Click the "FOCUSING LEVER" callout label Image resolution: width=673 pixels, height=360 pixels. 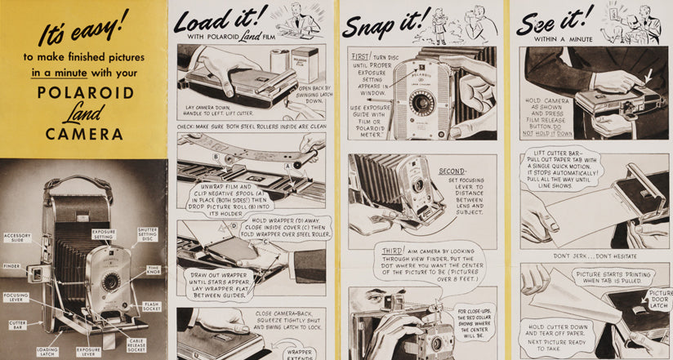point(16,297)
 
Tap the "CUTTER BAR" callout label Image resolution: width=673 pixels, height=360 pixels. point(17,323)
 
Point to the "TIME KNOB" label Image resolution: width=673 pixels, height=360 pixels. point(154,269)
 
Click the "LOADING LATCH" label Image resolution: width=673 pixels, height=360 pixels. point(47,352)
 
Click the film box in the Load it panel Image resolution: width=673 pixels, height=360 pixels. point(305,64)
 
